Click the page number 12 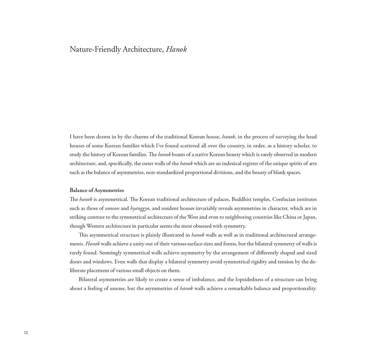point(26,333)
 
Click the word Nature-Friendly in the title point(95,49)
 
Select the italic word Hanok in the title point(176,49)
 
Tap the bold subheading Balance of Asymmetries point(97,190)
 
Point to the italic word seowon point(112,208)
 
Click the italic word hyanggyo point(139,208)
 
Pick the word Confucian point(283,199)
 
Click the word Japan point(310,217)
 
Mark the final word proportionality point(299,289)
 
